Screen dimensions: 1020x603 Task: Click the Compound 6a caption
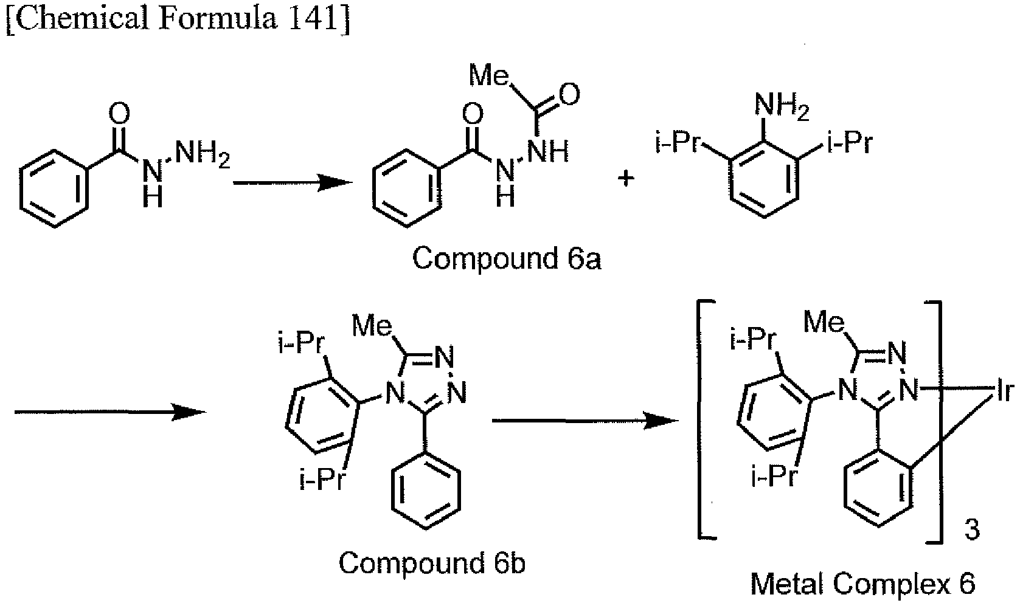click(x=507, y=258)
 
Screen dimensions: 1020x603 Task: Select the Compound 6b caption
click(x=432, y=563)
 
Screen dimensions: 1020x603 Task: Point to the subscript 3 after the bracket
click(x=972, y=530)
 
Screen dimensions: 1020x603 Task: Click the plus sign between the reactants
click(x=626, y=178)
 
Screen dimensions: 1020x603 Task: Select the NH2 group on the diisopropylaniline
click(x=782, y=106)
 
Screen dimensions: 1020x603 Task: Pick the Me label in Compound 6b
click(x=372, y=326)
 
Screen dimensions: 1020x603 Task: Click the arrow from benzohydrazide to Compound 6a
click(x=293, y=183)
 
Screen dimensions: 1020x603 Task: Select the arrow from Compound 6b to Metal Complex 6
click(x=585, y=421)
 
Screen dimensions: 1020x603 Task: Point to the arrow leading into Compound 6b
click(x=110, y=412)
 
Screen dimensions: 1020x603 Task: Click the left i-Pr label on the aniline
click(x=677, y=142)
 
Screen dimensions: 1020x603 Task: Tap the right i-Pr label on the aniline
click(x=850, y=142)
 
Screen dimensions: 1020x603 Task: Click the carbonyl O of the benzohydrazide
click(x=119, y=114)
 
